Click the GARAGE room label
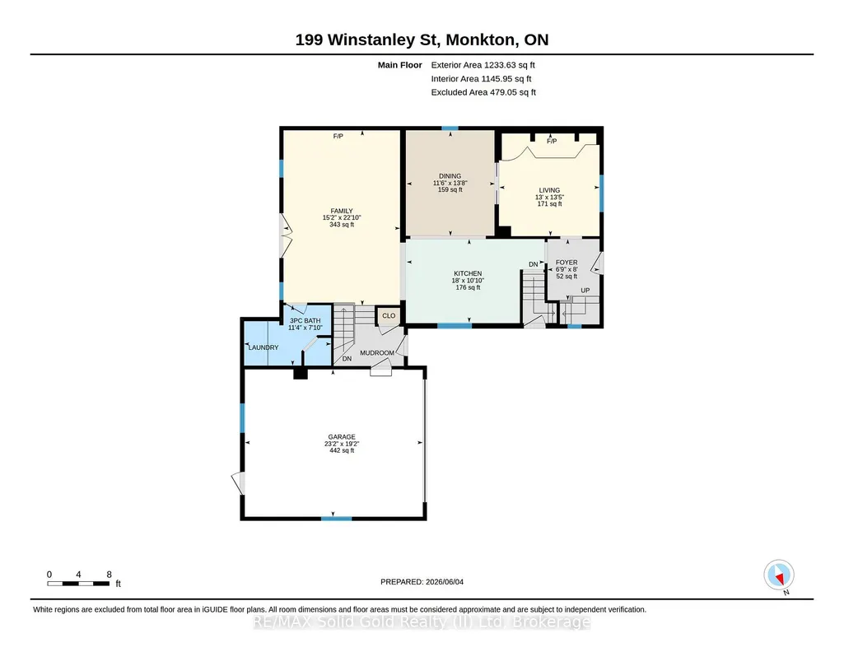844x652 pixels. pos(342,437)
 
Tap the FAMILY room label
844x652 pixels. pos(342,211)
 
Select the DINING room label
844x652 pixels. pos(450,176)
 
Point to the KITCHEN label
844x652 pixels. pos(468,273)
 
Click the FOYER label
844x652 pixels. pos(567,263)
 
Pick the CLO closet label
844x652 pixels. pos(389,316)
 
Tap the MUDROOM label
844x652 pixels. pos(377,353)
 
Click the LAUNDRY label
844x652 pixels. pos(263,347)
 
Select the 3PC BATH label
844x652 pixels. pos(305,320)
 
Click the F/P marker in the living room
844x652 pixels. pos(552,141)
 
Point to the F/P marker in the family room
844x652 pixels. pos(338,137)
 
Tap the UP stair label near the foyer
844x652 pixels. pos(585,291)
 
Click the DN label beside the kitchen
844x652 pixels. pos(534,264)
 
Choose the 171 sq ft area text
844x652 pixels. pos(549,204)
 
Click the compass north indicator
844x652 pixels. pos(779,575)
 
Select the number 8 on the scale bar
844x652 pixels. pos(110,575)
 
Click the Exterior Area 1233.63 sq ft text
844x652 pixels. pos(483,65)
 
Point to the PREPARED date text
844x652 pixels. pos(422,581)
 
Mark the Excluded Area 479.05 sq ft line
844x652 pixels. pos(483,92)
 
